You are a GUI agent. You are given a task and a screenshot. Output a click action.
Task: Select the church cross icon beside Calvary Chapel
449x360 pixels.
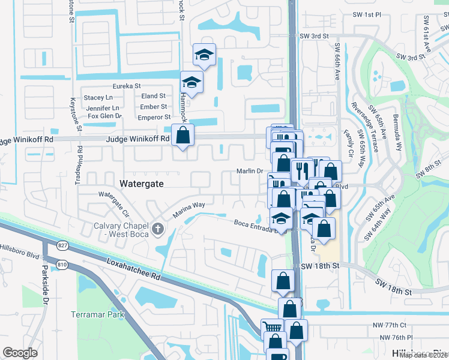[158, 228]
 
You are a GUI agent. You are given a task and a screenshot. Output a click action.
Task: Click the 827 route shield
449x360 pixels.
[62, 245]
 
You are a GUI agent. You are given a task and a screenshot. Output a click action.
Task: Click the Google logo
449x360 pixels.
[20, 353]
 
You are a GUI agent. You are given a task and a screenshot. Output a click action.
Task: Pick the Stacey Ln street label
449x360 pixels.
[98, 97]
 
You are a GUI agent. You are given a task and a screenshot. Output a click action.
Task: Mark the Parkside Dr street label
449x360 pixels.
[44, 294]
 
